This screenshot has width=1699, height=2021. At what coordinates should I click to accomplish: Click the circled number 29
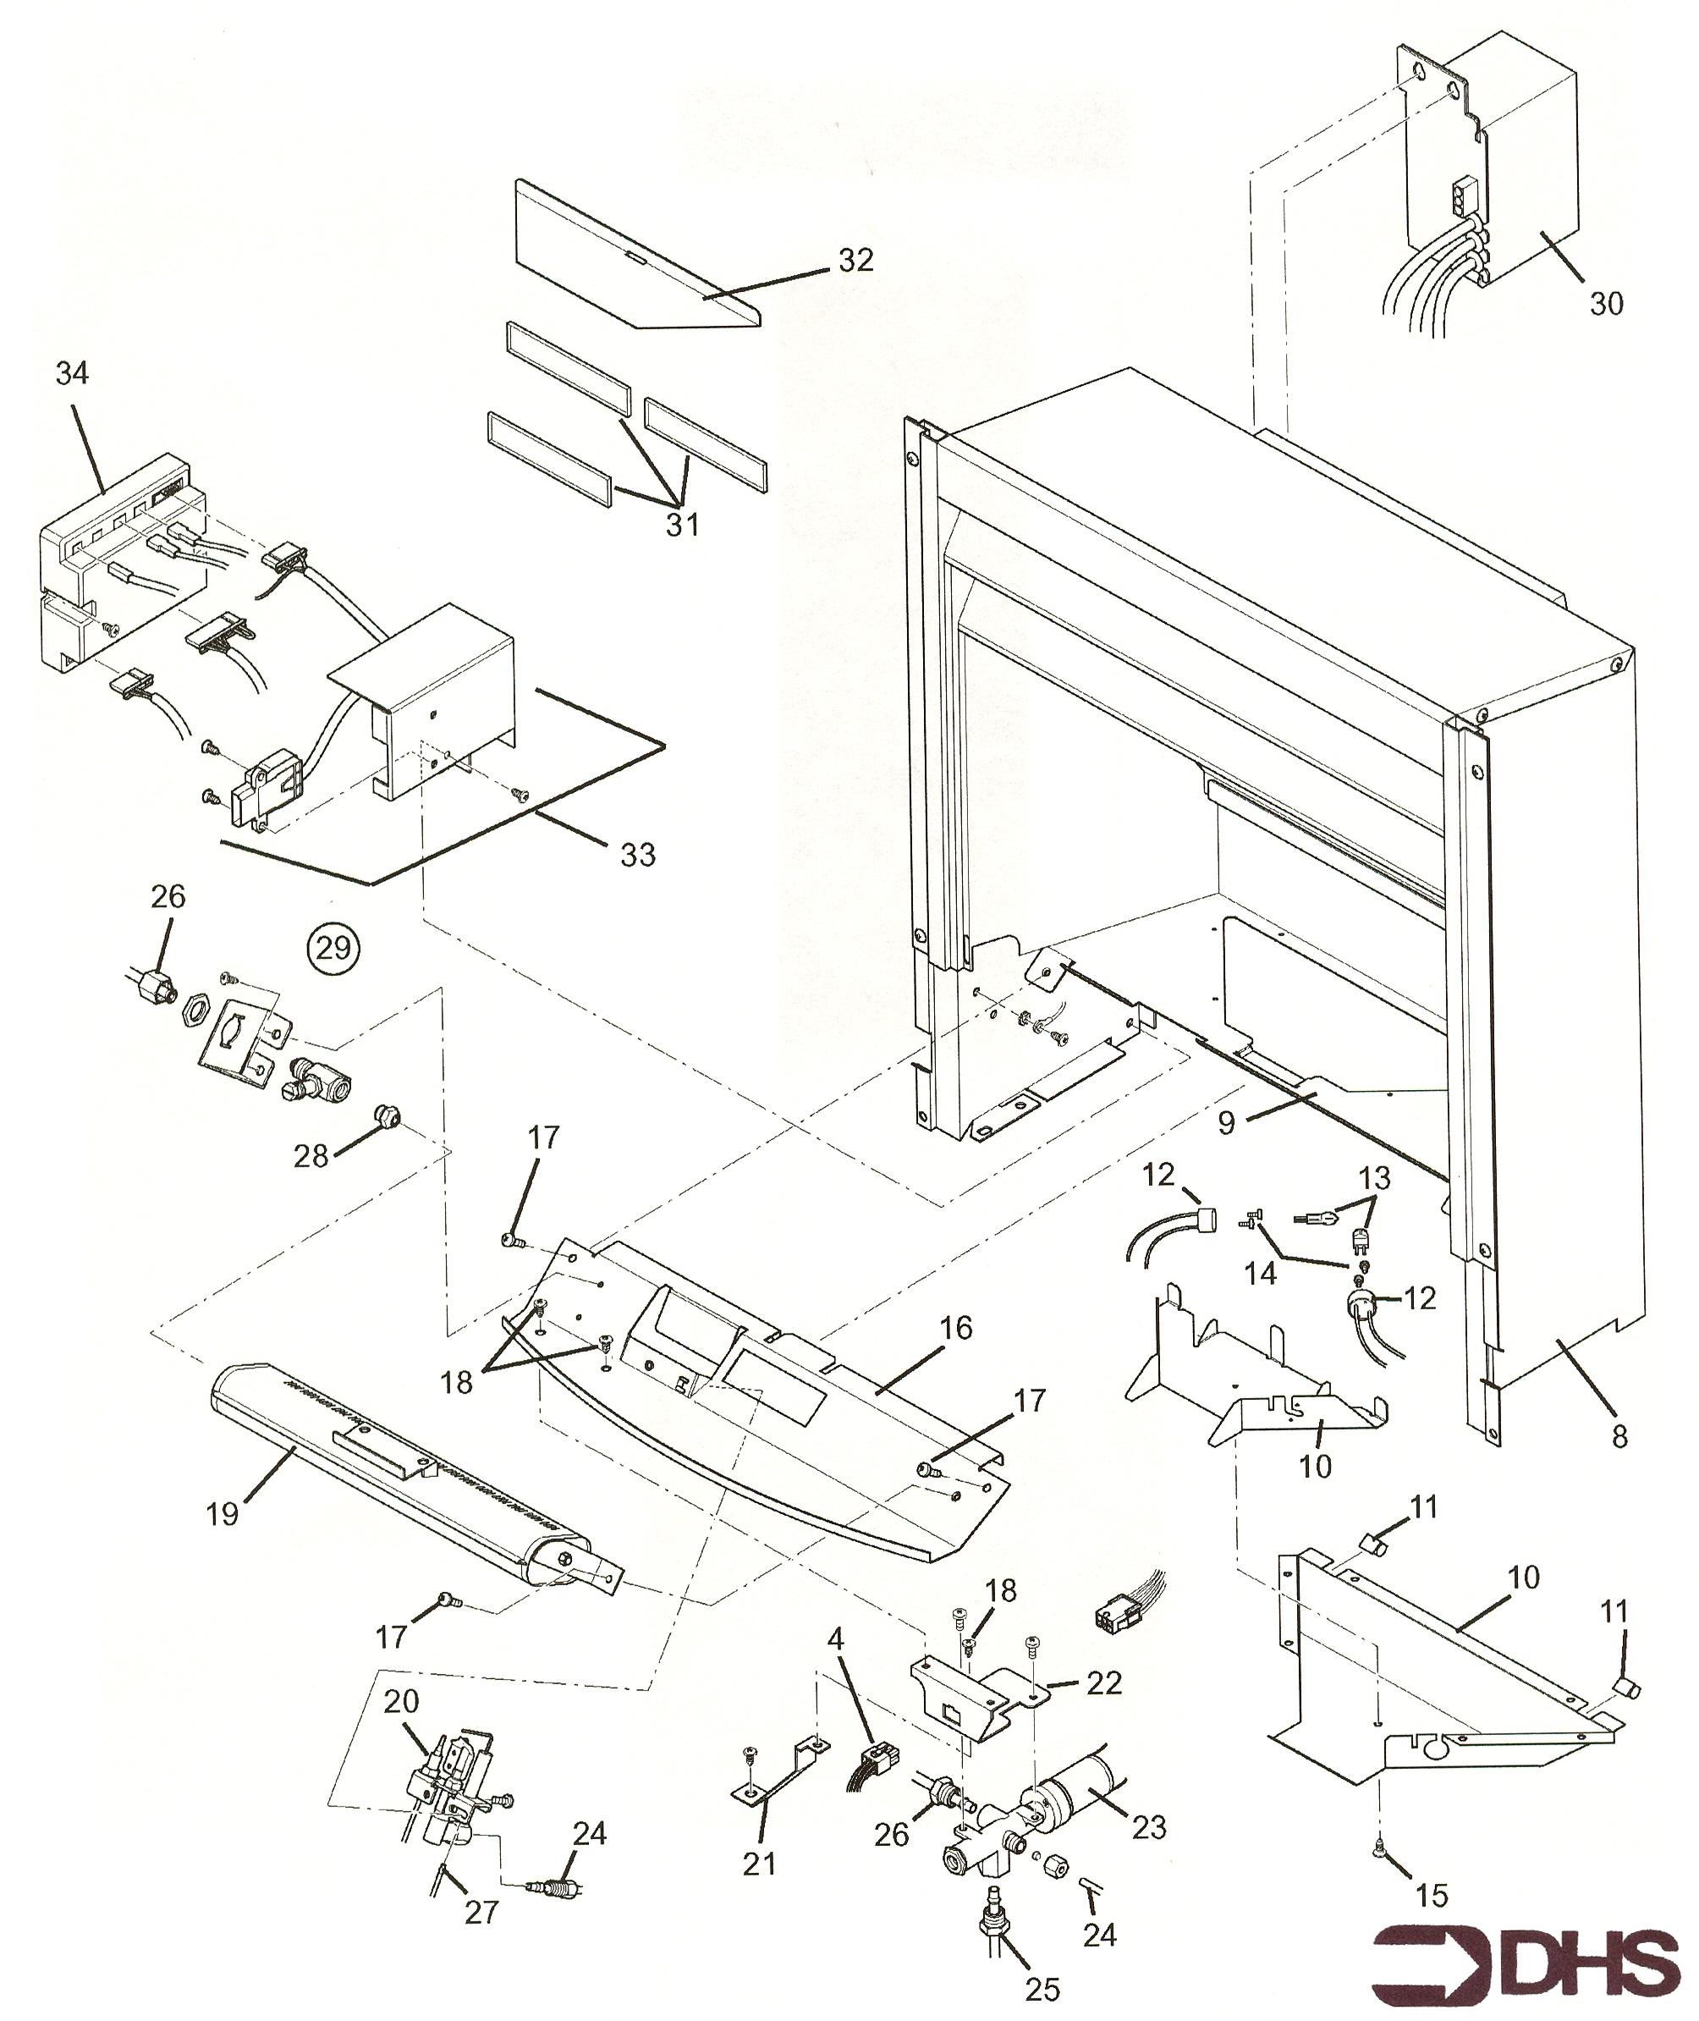coord(333,948)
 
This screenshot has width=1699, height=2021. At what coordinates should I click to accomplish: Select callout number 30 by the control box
coord(1606,304)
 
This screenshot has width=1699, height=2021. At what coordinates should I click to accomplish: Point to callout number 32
coord(855,259)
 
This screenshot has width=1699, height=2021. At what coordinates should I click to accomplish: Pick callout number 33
coord(638,855)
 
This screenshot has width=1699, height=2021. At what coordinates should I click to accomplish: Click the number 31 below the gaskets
coord(682,525)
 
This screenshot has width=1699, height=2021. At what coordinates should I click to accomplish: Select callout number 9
coord(1226,1124)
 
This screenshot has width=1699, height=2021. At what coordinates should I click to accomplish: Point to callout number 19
coord(223,1514)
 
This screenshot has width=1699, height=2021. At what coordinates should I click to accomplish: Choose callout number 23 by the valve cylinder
coord(1149,1826)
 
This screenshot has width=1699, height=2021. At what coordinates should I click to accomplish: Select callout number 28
coord(311,1156)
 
